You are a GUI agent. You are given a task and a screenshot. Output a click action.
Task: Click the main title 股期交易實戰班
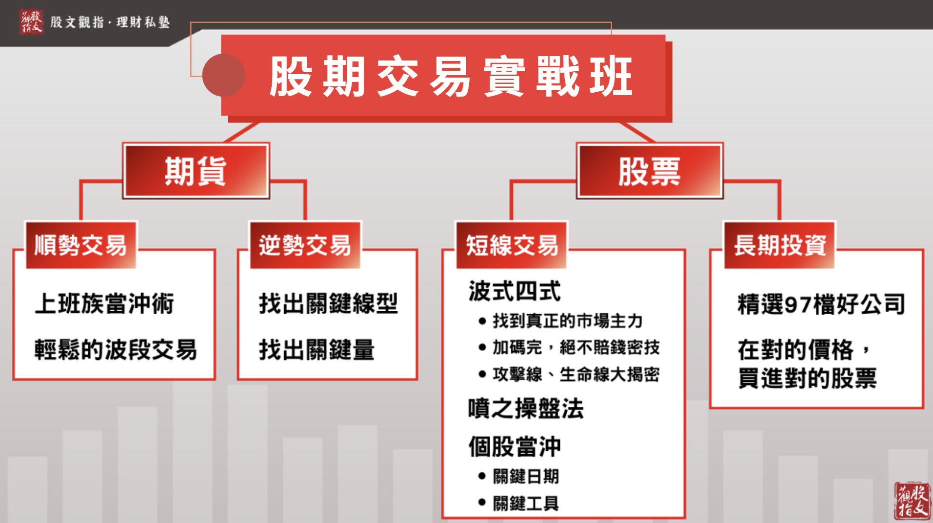(x=451, y=76)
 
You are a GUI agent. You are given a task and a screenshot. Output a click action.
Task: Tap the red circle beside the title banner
(x=224, y=75)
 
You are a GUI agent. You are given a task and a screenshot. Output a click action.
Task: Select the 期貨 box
(x=196, y=171)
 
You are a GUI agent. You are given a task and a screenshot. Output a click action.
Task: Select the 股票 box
(x=650, y=171)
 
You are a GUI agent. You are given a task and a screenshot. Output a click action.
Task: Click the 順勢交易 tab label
(x=81, y=245)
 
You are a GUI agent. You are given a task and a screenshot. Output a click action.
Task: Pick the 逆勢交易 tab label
(x=305, y=245)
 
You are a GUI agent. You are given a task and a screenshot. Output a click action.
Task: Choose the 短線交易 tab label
(x=512, y=245)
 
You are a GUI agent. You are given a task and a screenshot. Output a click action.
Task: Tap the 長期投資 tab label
(x=780, y=245)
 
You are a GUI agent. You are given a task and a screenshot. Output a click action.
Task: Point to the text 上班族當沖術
(x=104, y=303)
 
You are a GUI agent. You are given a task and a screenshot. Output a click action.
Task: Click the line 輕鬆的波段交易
(x=116, y=349)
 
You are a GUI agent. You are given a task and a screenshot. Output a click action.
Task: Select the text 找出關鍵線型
(x=328, y=303)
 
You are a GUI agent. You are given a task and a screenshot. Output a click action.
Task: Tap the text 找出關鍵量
(x=317, y=349)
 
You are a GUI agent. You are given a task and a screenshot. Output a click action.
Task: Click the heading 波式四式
(x=515, y=291)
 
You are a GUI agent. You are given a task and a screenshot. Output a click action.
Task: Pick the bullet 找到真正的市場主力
(x=567, y=321)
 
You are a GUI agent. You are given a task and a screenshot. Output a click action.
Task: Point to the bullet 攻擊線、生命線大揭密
(x=576, y=375)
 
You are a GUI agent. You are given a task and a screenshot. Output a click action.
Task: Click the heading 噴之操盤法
(x=526, y=408)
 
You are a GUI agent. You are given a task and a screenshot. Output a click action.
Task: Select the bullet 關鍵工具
(x=526, y=503)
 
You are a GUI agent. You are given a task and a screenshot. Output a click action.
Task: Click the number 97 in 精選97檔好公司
(x=798, y=304)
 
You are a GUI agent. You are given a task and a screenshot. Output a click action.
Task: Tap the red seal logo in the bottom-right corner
(x=912, y=501)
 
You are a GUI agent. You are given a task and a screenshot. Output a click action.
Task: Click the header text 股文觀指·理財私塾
(x=110, y=22)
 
